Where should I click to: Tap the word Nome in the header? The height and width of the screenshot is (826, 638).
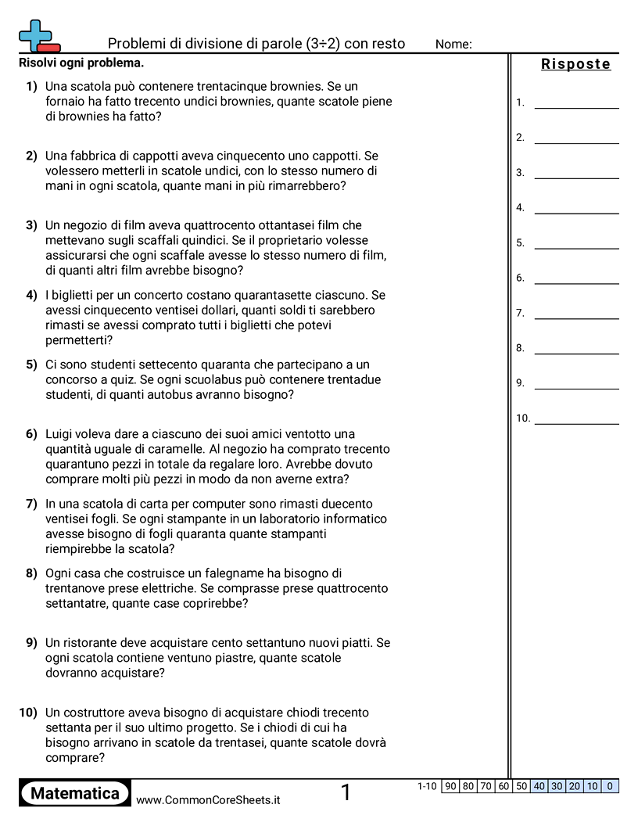click(x=453, y=45)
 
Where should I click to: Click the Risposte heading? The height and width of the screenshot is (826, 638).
click(x=575, y=64)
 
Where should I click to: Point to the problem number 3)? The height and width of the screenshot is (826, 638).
click(x=31, y=225)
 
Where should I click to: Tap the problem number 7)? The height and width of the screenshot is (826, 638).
click(x=31, y=504)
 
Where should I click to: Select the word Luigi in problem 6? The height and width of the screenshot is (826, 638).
click(x=61, y=434)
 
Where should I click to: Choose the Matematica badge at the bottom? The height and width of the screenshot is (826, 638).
click(x=75, y=794)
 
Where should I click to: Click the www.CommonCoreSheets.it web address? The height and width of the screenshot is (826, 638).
click(x=208, y=800)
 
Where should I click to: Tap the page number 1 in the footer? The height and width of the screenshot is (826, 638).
click(x=346, y=793)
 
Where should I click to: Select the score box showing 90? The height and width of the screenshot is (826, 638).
click(x=450, y=786)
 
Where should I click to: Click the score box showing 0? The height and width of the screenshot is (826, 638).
click(x=610, y=786)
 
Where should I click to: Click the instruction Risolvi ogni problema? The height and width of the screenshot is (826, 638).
click(x=81, y=63)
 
